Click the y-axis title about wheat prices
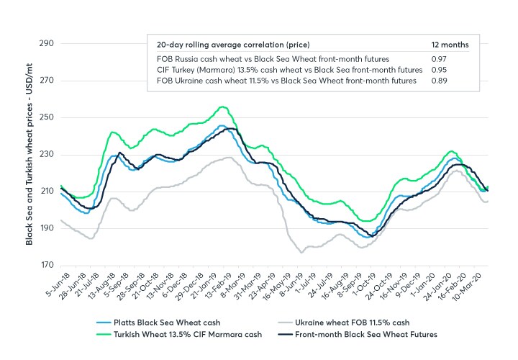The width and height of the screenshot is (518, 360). [29, 153]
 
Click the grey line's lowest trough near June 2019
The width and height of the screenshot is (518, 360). [301, 252]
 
